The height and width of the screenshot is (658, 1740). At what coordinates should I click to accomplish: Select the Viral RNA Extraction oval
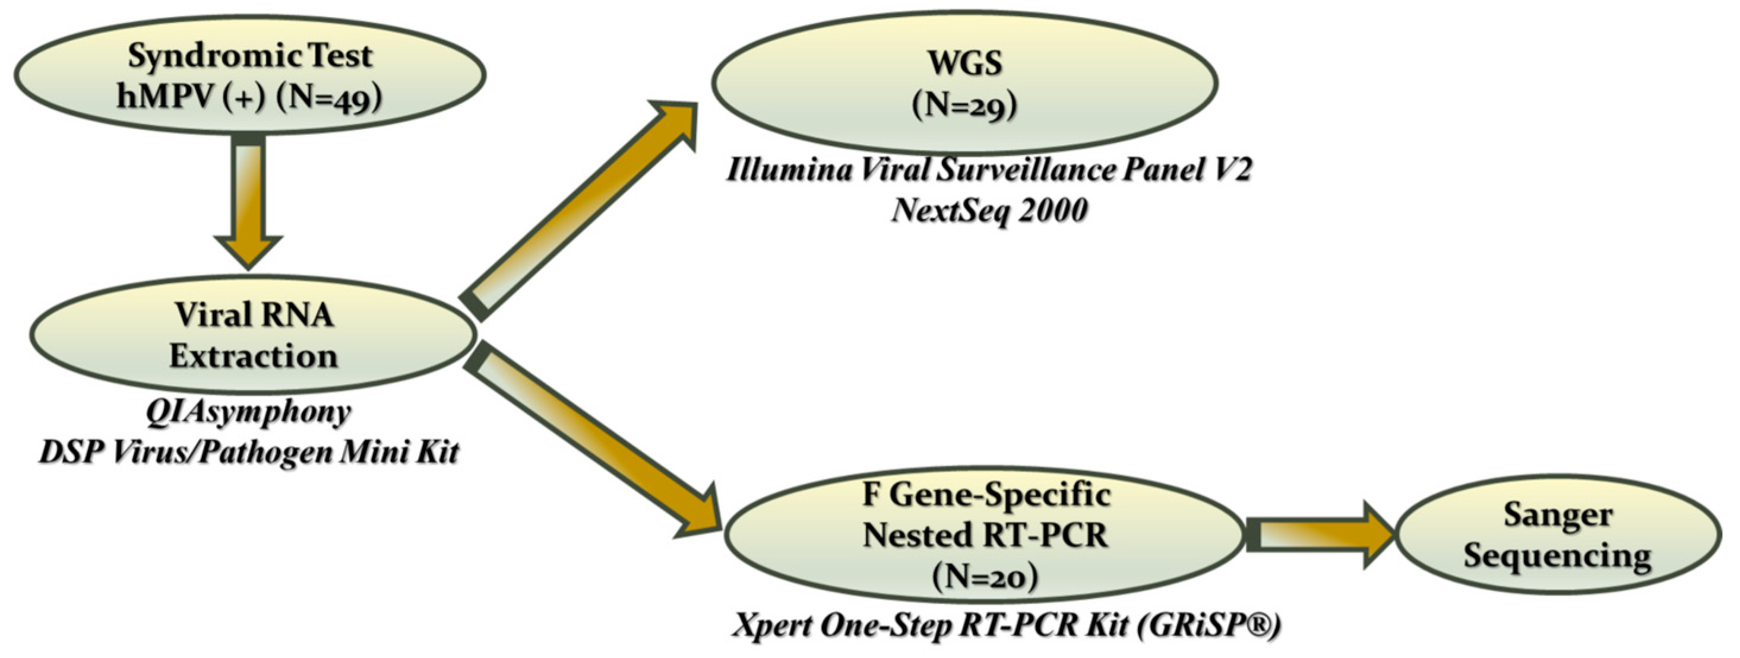254,335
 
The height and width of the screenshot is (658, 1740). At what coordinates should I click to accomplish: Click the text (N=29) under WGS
964,106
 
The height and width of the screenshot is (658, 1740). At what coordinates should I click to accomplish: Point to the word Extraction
254,355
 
